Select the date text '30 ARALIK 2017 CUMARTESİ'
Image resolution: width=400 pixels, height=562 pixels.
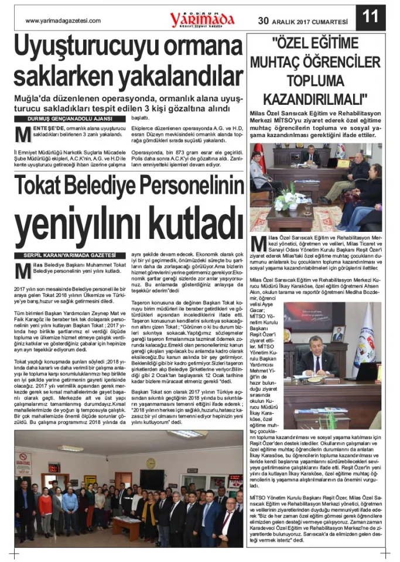(302, 21)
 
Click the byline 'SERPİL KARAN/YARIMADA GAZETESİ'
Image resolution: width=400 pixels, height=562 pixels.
(70, 256)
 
